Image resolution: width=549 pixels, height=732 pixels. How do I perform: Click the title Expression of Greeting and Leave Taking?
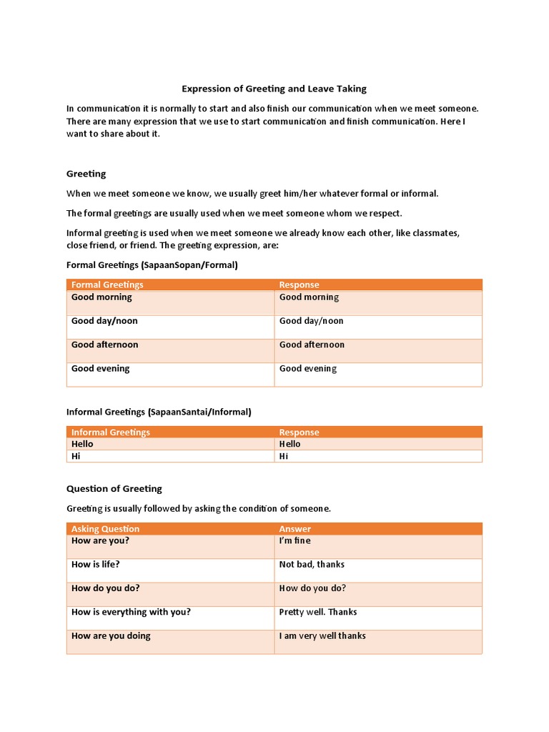(x=274, y=89)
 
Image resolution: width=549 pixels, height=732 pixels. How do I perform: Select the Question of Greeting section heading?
(x=114, y=488)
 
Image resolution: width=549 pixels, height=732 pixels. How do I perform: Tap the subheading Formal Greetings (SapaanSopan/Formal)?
(x=152, y=264)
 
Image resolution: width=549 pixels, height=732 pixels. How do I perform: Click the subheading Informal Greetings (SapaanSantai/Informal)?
(x=159, y=412)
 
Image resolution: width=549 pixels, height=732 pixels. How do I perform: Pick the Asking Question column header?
(x=105, y=529)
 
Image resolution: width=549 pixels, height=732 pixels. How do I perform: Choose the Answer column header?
(x=295, y=529)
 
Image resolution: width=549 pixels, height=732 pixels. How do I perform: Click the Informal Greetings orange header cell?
(x=111, y=432)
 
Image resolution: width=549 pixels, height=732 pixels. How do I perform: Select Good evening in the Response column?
(x=307, y=368)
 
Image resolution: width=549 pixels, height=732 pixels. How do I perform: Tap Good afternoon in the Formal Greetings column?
(x=104, y=345)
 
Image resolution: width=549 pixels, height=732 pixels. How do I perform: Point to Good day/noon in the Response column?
(x=311, y=321)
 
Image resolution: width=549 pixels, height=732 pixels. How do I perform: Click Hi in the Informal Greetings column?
(x=76, y=455)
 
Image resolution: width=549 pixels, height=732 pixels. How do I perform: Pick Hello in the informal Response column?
(x=290, y=444)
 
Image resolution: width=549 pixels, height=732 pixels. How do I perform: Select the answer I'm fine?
(x=295, y=540)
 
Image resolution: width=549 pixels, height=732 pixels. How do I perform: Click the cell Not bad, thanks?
(x=312, y=564)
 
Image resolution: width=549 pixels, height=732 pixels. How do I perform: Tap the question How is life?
(x=95, y=564)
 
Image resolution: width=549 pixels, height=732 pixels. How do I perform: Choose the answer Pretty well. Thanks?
(x=317, y=612)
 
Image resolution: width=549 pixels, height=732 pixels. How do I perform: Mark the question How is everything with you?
(x=131, y=612)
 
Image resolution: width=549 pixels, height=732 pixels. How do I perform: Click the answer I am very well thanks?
(x=322, y=635)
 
